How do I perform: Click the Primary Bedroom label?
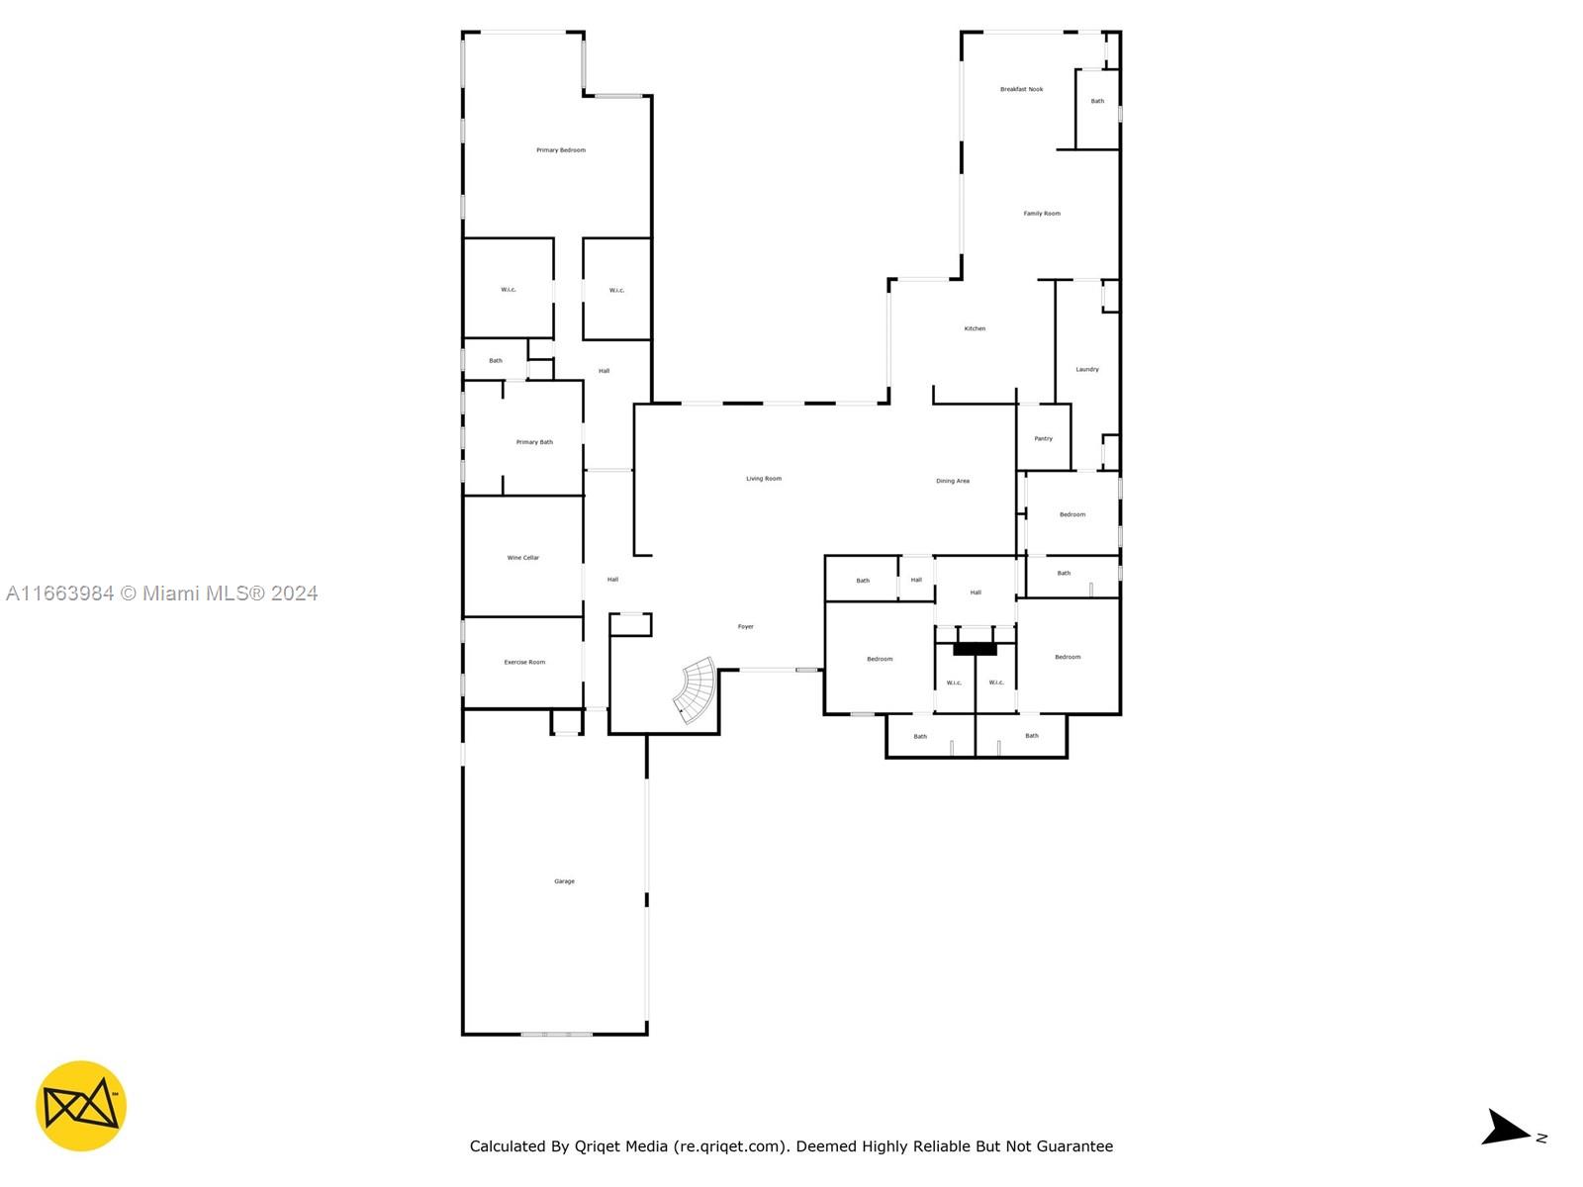point(560,150)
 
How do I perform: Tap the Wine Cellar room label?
point(522,558)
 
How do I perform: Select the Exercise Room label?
point(524,663)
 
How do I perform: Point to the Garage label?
point(564,881)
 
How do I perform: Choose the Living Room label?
point(764,479)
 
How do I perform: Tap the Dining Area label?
point(953,481)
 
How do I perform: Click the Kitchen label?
point(976,328)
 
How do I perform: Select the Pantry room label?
point(1044,439)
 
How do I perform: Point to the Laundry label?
point(1087,370)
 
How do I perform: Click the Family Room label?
point(1042,214)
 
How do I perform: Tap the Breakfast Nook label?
point(1022,89)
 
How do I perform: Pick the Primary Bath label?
point(534,442)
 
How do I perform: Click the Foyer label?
point(746,627)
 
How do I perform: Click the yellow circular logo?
point(81,1106)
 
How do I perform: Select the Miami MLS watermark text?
point(161,593)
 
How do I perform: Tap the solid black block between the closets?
point(976,649)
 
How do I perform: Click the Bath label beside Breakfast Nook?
point(1097,101)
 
